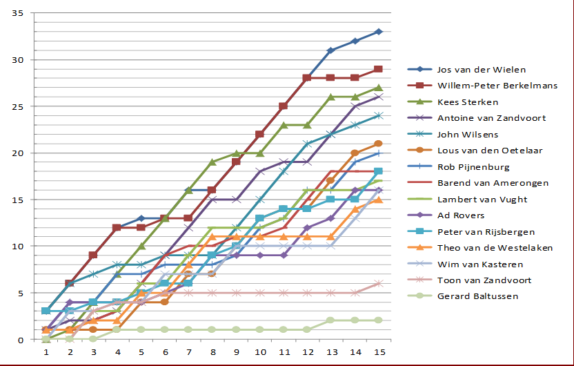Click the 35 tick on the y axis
(18, 14)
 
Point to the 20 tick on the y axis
(18, 153)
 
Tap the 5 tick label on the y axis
(21, 293)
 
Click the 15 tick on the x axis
(379, 351)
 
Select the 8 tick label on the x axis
(212, 351)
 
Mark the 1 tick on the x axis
(46, 351)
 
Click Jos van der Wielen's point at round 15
(379, 32)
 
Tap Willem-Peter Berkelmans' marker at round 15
(379, 69)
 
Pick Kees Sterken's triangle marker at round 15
(379, 88)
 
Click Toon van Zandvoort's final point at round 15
(379, 284)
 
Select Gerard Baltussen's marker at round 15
(379, 321)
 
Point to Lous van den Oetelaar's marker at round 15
(379, 144)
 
